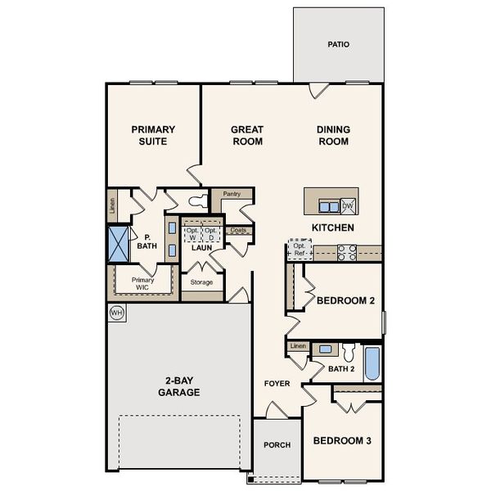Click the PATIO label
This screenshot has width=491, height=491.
coord(338,44)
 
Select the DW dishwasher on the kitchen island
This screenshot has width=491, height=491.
coord(348,205)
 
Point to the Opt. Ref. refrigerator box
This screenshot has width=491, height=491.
coord(300,250)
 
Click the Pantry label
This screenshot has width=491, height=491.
coord(232,194)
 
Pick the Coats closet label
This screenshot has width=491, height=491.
coord(238,230)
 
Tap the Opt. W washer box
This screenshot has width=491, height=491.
coord(192,233)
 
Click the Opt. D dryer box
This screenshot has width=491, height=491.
coord(212,233)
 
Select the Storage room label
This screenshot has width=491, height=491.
coord(201,282)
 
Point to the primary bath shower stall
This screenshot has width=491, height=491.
coord(119,243)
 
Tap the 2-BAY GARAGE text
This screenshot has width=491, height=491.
coord(178,386)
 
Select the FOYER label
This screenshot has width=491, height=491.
coord(277,383)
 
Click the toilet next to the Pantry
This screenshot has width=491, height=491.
coord(196,200)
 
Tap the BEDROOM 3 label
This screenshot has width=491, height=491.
coord(342,440)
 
